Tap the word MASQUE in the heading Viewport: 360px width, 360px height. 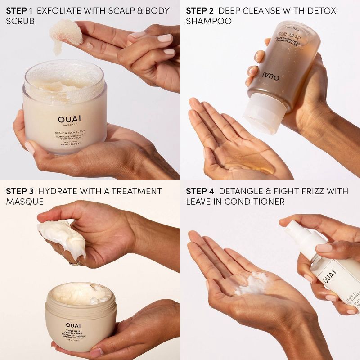coord(25,202)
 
